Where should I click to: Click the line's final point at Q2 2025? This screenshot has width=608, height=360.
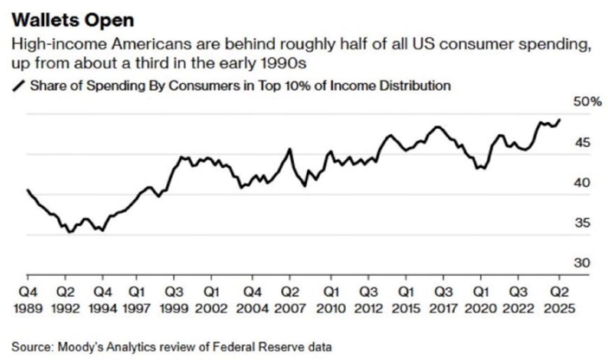point(560,119)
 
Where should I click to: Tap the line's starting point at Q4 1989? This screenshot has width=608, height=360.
point(28,190)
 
